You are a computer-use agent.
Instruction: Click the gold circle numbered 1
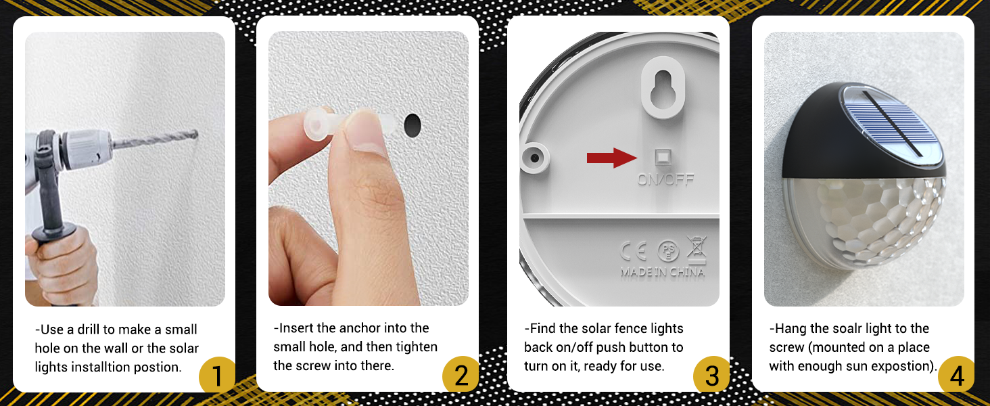tap(217, 375)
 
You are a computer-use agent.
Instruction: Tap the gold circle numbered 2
tap(461, 375)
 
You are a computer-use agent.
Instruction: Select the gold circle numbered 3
tap(711, 375)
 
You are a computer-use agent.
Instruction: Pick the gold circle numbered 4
tap(956, 375)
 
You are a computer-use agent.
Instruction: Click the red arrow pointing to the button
tap(612, 158)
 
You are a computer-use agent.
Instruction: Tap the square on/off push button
tap(663, 157)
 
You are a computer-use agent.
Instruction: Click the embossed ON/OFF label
tap(665, 179)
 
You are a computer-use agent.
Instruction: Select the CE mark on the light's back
tap(634, 251)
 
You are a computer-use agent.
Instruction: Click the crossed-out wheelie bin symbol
tap(696, 250)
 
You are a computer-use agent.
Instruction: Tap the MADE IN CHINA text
tap(662, 272)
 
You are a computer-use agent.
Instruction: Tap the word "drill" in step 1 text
tap(89, 330)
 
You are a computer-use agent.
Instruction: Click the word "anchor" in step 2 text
tap(355, 328)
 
